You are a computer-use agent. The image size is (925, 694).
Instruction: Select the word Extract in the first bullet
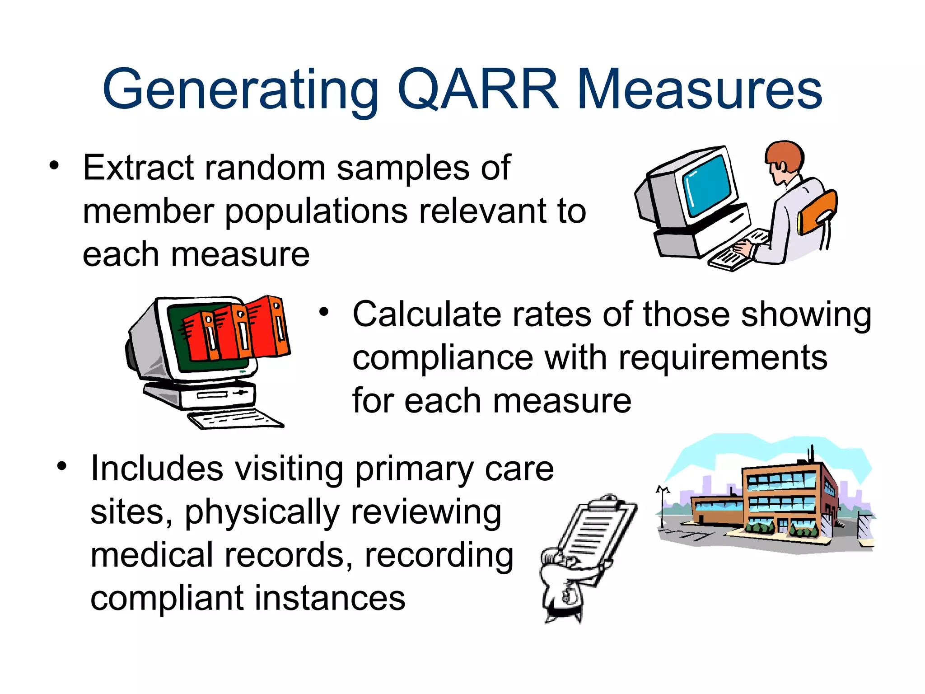pyautogui.click(x=138, y=168)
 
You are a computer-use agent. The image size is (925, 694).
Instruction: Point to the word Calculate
pyautogui.click(x=426, y=314)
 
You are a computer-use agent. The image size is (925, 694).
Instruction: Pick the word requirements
pyautogui.click(x=723, y=358)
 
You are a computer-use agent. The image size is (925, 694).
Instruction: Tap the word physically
pyautogui.click(x=262, y=513)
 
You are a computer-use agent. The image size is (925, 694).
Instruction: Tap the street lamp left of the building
pyautogui.click(x=662, y=506)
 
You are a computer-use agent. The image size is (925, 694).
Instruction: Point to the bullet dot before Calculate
pyautogui.click(x=324, y=312)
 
